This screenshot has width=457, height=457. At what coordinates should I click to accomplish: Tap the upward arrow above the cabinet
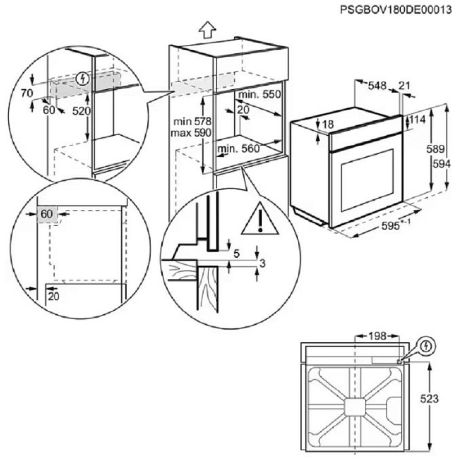tap(207, 31)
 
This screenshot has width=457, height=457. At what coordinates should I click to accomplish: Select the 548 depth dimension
tap(377, 85)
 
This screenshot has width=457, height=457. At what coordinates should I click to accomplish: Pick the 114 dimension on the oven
tap(417, 120)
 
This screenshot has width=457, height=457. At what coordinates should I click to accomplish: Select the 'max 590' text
tap(190, 133)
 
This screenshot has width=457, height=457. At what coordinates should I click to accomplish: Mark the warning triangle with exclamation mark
tap(260, 220)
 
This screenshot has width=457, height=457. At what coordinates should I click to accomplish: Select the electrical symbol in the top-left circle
tap(83, 79)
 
